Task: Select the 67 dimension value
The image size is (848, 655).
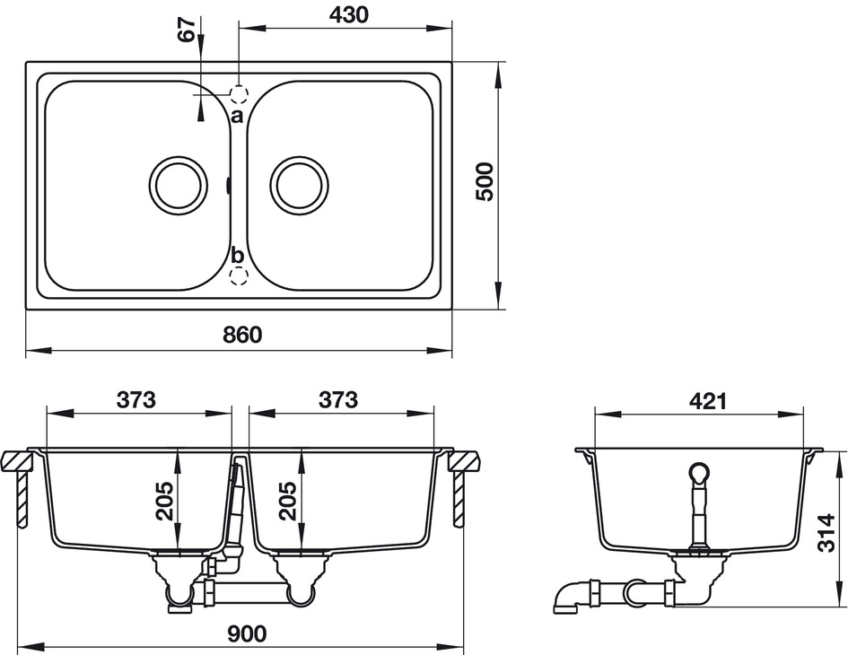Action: click(x=187, y=29)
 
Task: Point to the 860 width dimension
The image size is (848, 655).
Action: click(x=242, y=336)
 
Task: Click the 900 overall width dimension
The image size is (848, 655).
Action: click(x=247, y=633)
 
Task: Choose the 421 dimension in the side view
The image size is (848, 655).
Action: click(x=708, y=401)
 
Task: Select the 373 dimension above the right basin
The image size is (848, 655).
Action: click(x=338, y=400)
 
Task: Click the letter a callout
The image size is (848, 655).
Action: click(x=237, y=116)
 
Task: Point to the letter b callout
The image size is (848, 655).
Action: click(x=238, y=255)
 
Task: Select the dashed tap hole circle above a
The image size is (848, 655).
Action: click(x=239, y=94)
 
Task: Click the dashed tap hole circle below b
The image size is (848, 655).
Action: click(x=239, y=275)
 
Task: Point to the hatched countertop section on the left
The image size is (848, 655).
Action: click(x=17, y=461)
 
